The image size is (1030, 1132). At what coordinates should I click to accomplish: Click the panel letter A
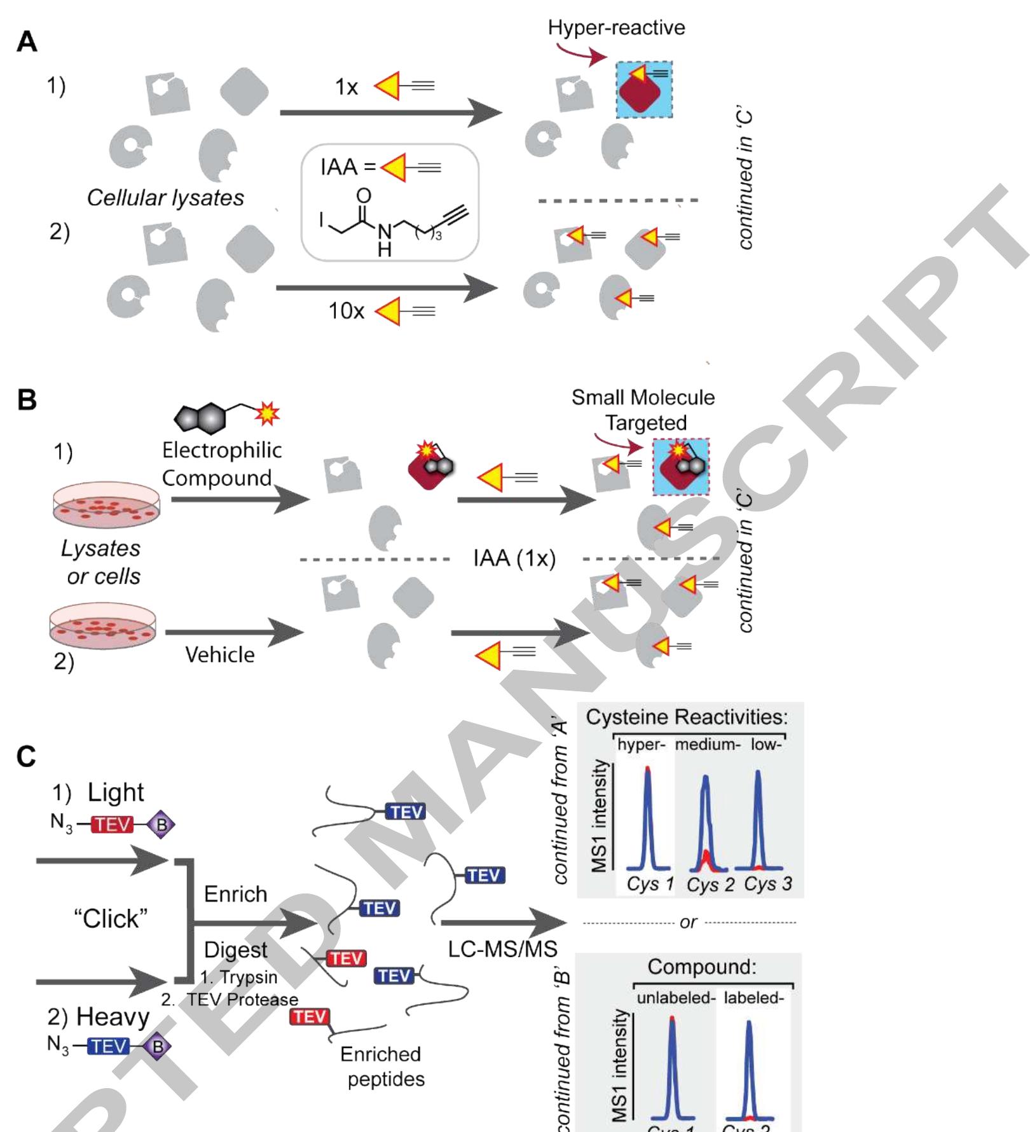tap(27, 42)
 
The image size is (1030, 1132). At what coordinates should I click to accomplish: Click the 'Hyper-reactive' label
tap(616, 28)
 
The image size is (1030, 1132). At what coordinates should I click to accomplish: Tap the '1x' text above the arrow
tap(347, 87)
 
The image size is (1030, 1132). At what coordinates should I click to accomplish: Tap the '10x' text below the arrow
tap(346, 311)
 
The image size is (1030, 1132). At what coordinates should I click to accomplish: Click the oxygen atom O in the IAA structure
tap(364, 195)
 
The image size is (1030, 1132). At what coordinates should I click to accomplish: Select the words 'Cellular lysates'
tap(165, 198)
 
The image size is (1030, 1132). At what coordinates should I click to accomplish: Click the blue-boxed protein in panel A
tap(643, 90)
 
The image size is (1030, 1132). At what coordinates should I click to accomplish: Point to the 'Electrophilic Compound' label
tap(221, 464)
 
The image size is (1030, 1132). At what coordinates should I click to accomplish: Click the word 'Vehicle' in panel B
tap(220, 654)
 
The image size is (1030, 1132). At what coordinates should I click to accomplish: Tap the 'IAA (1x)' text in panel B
tap(514, 558)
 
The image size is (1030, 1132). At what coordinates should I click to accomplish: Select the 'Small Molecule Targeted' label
tap(643, 410)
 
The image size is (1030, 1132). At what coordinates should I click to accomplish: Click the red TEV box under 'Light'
tap(113, 825)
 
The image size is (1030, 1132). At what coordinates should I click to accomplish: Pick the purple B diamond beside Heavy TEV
tap(157, 1046)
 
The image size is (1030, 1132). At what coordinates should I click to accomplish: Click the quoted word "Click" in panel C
tap(111, 918)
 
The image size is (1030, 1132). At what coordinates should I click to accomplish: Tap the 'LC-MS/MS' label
tap(502, 949)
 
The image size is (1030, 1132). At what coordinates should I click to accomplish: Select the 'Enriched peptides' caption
tap(381, 1066)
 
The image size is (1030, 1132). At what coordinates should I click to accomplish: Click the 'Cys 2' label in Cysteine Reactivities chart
tap(710, 885)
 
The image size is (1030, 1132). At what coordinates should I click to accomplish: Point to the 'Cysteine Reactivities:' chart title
tap(687, 717)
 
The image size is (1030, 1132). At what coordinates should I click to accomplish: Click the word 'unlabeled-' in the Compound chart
tap(676, 998)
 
